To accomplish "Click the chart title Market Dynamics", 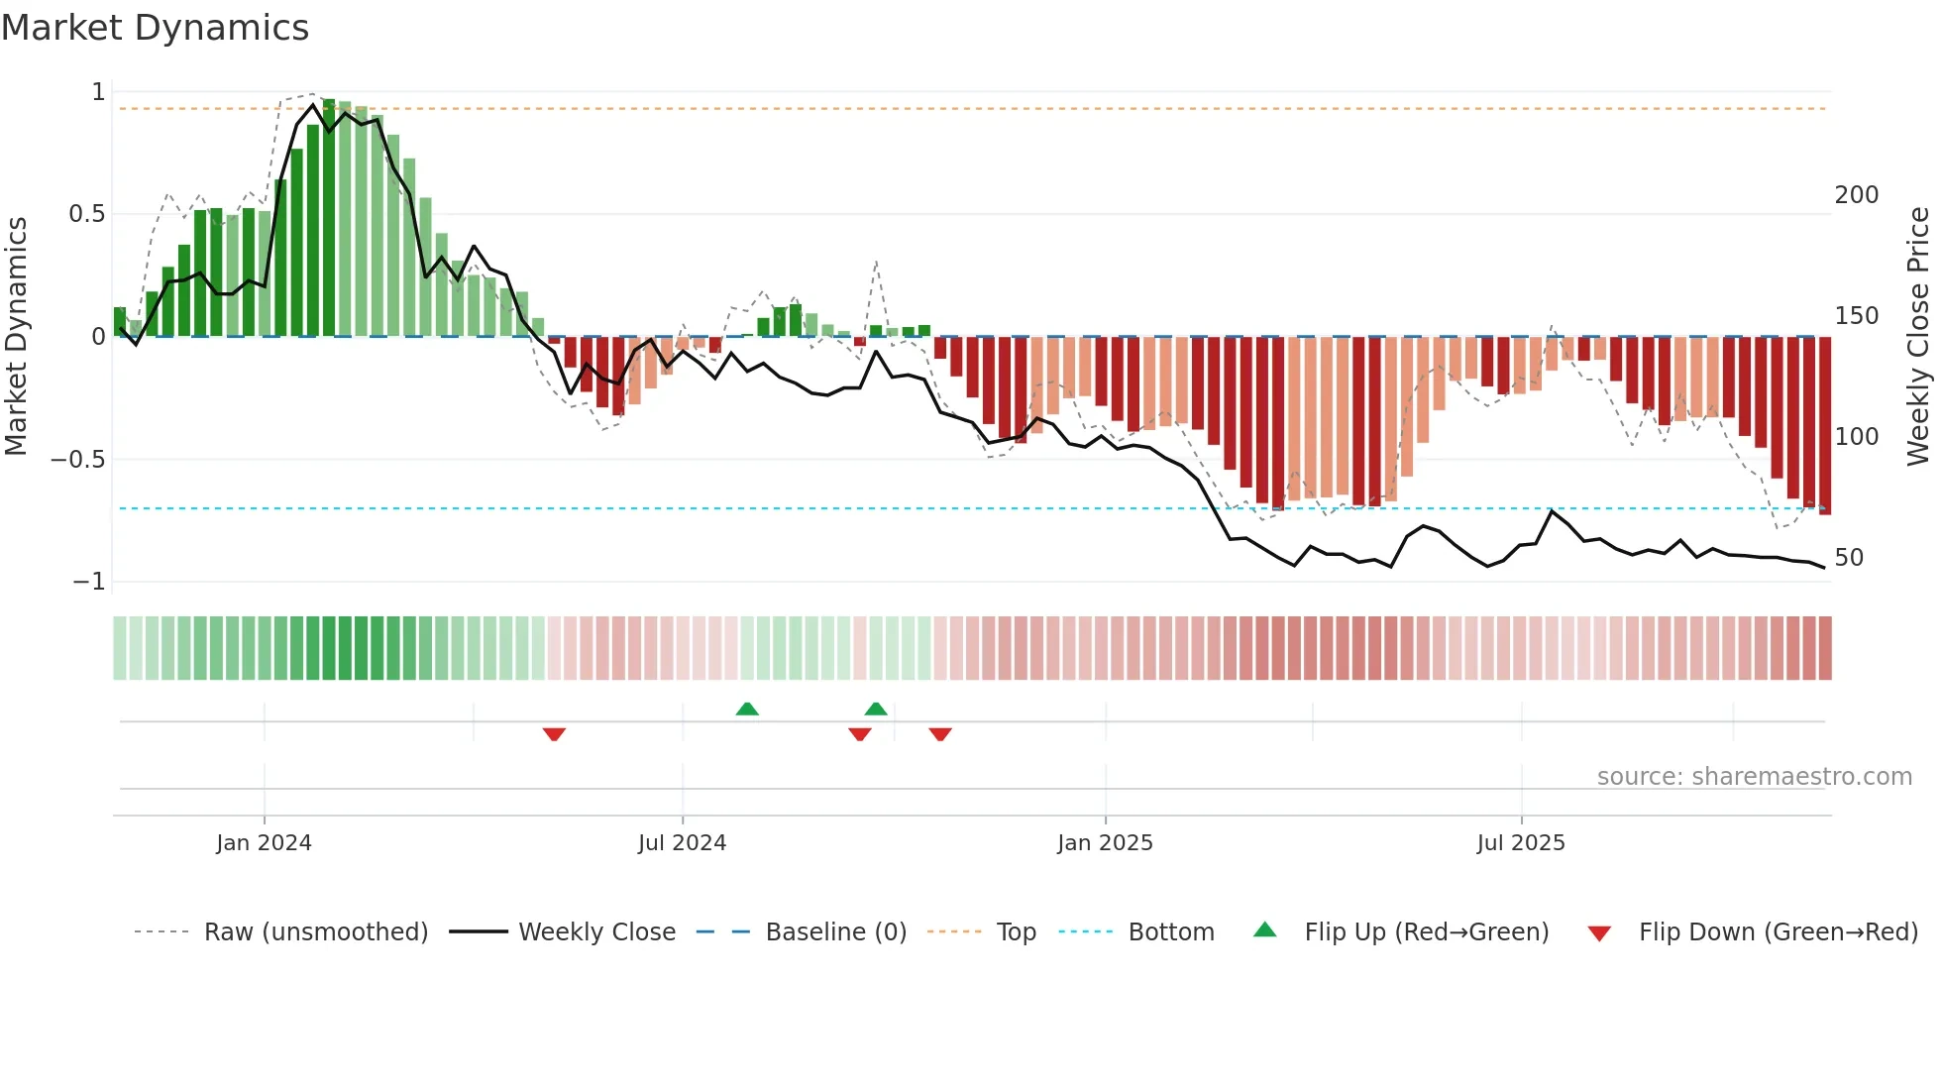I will pyautogui.click(x=156, y=28).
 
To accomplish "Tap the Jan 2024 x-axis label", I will pyautogui.click(x=264, y=843).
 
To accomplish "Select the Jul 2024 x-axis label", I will pyautogui.click(x=682, y=843).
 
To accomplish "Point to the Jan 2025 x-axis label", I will pyautogui.click(x=1105, y=843).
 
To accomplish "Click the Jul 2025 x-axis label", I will pyautogui.click(x=1521, y=843).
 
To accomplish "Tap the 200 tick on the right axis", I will pyautogui.click(x=1856, y=195).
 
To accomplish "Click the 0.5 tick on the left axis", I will pyautogui.click(x=86, y=214).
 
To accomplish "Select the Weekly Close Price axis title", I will pyautogui.click(x=1919, y=336).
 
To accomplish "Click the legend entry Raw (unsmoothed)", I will pyautogui.click(x=316, y=932).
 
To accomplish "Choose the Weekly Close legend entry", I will pyautogui.click(x=596, y=932).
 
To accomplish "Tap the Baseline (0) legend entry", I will pyautogui.click(x=835, y=932).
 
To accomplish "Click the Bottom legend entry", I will pyautogui.click(x=1171, y=932).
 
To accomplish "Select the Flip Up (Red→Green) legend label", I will pyautogui.click(x=1426, y=932).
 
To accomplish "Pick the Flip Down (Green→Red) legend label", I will pyautogui.click(x=1778, y=932).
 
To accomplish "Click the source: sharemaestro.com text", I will pyautogui.click(x=1754, y=777).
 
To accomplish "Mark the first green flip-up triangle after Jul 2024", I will pyautogui.click(x=747, y=709).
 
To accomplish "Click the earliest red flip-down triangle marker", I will pyautogui.click(x=554, y=734).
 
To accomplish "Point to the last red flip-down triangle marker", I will pyautogui.click(x=940, y=734).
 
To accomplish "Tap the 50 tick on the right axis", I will pyautogui.click(x=1849, y=558).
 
